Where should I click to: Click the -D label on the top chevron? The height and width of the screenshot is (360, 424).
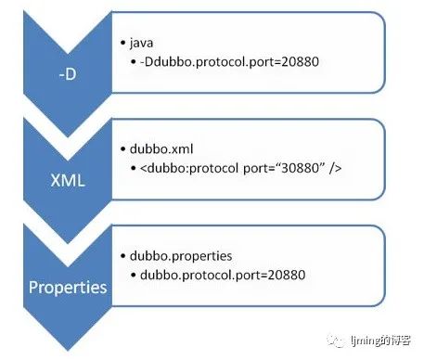pyautogui.click(x=68, y=74)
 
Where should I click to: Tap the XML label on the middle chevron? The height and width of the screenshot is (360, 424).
pyautogui.click(x=68, y=180)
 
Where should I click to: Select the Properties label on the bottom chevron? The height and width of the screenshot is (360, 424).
pyautogui.click(x=68, y=288)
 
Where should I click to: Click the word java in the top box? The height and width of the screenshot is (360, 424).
pyautogui.click(x=141, y=43)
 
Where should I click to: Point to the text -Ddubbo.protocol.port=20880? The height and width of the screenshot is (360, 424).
pyautogui.click(x=229, y=62)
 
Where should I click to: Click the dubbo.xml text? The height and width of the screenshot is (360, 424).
pyautogui.click(x=161, y=149)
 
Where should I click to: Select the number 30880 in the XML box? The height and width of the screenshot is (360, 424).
pyautogui.click(x=301, y=168)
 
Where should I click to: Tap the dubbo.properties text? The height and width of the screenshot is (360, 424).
pyautogui.click(x=181, y=256)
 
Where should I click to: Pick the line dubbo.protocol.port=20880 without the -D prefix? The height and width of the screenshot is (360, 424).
pyautogui.click(x=223, y=275)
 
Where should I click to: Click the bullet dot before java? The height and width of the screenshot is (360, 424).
pyautogui.click(x=123, y=43)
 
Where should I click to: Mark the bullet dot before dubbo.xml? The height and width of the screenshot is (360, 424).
pyautogui.click(x=123, y=149)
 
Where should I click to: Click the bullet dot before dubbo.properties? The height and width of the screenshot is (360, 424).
pyautogui.click(x=123, y=256)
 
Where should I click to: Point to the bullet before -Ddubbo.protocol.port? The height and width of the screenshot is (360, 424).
pyautogui.click(x=134, y=62)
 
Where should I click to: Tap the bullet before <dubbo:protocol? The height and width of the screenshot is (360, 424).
pyautogui.click(x=134, y=169)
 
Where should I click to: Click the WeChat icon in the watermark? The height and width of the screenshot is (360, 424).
pyautogui.click(x=337, y=341)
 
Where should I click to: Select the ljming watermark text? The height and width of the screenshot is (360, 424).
pyautogui.click(x=380, y=341)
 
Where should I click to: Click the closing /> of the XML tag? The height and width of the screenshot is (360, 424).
pyautogui.click(x=335, y=168)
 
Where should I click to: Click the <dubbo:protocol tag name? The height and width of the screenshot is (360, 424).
pyautogui.click(x=189, y=169)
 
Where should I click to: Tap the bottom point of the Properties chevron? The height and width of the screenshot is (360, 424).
pyautogui.click(x=68, y=351)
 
